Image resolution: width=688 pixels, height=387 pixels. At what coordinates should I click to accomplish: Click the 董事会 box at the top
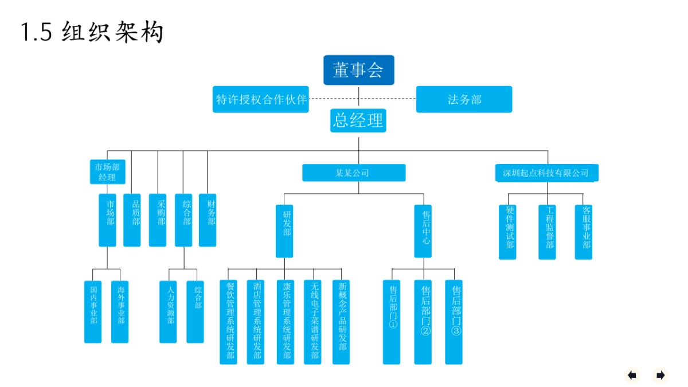click(359, 70)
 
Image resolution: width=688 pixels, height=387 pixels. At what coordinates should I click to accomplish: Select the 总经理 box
click(358, 120)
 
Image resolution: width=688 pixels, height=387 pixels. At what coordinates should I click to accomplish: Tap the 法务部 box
click(464, 99)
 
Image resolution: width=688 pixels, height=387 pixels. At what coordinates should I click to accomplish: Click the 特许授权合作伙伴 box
click(261, 99)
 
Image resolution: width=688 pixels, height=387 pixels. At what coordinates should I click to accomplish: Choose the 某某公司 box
click(354, 173)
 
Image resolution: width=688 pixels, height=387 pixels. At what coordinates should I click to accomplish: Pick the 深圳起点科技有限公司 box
click(546, 173)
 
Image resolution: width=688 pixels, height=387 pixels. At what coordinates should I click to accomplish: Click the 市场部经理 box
click(107, 172)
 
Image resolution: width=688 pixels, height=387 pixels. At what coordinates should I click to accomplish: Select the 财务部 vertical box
click(208, 220)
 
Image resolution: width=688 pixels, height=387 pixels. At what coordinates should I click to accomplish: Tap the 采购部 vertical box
click(158, 220)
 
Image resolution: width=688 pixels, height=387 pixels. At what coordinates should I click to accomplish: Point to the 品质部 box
click(132, 220)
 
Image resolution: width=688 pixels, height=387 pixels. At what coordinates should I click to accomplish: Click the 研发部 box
click(284, 231)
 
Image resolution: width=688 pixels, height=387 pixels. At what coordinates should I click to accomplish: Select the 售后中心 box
click(423, 231)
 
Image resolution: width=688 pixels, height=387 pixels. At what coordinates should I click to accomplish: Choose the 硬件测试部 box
click(507, 232)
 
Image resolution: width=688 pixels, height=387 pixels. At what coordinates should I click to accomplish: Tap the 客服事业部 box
click(584, 232)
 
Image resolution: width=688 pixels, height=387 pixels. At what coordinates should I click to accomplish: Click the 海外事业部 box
click(120, 311)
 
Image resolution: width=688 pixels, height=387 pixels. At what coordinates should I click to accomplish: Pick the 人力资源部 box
click(169, 311)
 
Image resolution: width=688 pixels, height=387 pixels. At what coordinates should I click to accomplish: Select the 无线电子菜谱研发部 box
click(312, 322)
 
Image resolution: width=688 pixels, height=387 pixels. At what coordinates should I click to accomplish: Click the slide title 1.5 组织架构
click(92, 32)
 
